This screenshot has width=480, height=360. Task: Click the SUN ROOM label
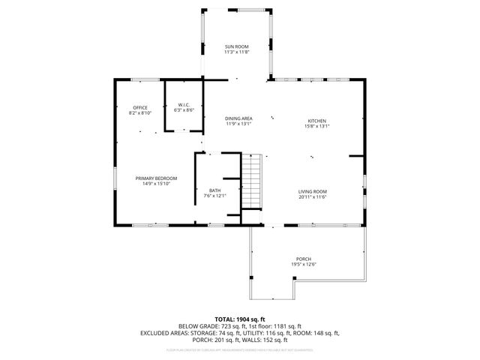pyautogui.click(x=236, y=46)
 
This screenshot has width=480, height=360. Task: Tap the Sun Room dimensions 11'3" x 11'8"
pyautogui.click(x=236, y=52)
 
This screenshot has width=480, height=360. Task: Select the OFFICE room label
pyautogui.click(x=140, y=107)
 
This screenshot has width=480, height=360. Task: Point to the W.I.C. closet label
pyautogui.click(x=184, y=104)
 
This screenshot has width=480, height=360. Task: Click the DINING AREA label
pyautogui.click(x=238, y=118)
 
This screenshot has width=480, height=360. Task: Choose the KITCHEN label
pyautogui.click(x=317, y=121)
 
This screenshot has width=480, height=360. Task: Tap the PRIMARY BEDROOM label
pyautogui.click(x=156, y=178)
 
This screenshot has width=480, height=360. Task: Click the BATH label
pyautogui.click(x=214, y=191)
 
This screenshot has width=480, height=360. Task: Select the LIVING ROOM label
pyautogui.click(x=313, y=191)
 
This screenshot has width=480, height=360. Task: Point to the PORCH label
pyautogui.click(x=303, y=259)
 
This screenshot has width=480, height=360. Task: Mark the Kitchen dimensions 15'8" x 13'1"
pyautogui.click(x=317, y=126)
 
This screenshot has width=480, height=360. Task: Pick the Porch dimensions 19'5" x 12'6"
pyautogui.click(x=303, y=264)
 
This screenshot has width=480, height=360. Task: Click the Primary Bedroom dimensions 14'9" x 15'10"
pyautogui.click(x=156, y=183)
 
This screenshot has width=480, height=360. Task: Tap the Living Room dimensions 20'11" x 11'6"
pyautogui.click(x=313, y=196)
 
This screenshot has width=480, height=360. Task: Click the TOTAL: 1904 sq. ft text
pyautogui.click(x=240, y=319)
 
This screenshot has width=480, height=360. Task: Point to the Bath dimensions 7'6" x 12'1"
pyautogui.click(x=214, y=196)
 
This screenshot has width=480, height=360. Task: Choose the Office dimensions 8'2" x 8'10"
pyautogui.click(x=140, y=112)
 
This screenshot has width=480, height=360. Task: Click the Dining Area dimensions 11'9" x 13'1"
pyautogui.click(x=238, y=124)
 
